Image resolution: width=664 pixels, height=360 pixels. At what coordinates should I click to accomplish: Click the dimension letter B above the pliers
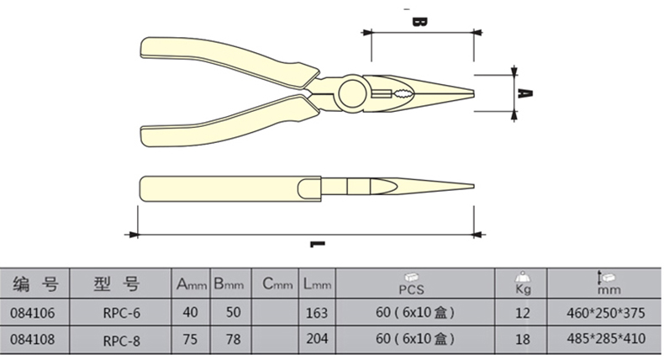pos(419,22)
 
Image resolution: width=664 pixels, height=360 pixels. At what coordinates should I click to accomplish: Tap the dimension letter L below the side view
pos(317,244)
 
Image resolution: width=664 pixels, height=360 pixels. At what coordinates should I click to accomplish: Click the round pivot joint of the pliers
pos(353,93)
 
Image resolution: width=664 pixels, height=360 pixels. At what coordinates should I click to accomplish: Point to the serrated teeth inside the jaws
pos(403,93)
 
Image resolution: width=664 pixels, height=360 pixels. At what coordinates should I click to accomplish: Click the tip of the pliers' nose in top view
pos(473,93)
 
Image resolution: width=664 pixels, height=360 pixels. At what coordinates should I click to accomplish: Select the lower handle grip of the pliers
pos(229,122)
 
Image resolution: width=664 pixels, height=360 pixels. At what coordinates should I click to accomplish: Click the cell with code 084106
pos(33,313)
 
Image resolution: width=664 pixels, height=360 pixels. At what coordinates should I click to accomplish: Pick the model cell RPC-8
pos(122,341)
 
